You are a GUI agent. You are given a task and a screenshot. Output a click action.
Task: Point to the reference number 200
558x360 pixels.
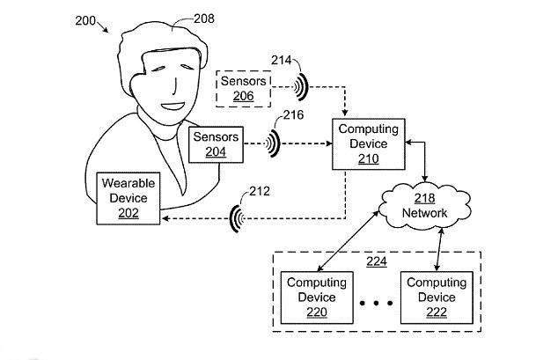click(x=85, y=20)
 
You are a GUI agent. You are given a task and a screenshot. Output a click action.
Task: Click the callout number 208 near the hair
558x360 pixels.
click(x=204, y=18)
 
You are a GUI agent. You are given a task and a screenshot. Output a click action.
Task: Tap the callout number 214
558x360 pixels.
click(x=281, y=60)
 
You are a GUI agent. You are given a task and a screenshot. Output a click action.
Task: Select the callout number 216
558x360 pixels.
click(x=294, y=114)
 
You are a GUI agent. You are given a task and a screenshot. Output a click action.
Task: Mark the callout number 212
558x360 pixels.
click(x=260, y=191)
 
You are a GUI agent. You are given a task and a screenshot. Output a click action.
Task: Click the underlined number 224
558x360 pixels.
click(x=377, y=261)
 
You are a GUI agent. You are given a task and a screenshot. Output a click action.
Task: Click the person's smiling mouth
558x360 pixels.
click(x=173, y=106)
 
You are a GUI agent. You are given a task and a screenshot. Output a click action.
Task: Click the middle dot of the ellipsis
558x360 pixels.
click(x=377, y=303)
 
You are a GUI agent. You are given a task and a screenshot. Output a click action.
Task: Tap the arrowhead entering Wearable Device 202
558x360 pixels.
click(x=164, y=218)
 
